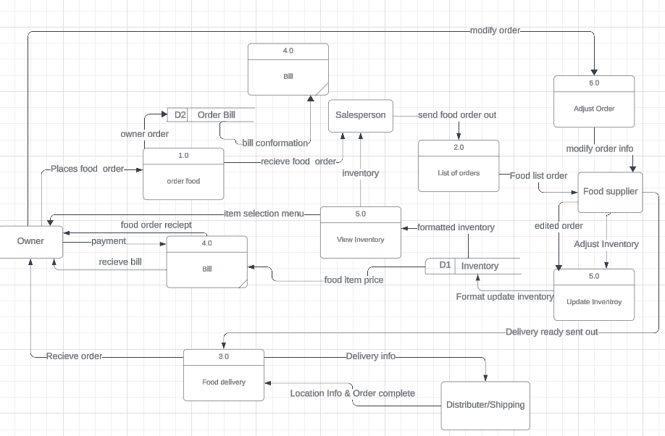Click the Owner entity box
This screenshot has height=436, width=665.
pos(30,241)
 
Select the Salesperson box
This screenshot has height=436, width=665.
pos(361,116)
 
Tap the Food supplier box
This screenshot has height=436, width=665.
pos(610,192)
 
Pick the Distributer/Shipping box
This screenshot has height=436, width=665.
pos(485,405)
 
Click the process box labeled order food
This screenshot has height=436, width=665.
pos(183,174)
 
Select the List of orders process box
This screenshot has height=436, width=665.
pos(459,166)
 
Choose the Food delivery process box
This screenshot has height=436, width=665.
pos(223,374)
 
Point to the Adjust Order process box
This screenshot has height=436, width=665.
pos(594,102)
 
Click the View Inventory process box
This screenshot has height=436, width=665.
pos(360,232)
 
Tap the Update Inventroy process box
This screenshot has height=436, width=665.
pos(594,294)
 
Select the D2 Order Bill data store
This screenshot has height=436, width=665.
pos(211,115)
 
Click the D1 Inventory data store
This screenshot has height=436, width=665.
pos(472,266)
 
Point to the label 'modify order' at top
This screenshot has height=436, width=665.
pos(495,30)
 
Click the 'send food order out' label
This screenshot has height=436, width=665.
pos(457,115)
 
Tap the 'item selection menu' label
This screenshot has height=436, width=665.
pos(264,214)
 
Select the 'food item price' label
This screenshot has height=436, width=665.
pos(354,280)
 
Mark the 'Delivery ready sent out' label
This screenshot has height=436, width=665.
pos(552,332)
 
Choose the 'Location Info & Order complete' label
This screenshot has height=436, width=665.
pos(353,393)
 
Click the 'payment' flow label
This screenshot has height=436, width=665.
pos(109,241)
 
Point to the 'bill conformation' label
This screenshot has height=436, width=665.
pos(275,143)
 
